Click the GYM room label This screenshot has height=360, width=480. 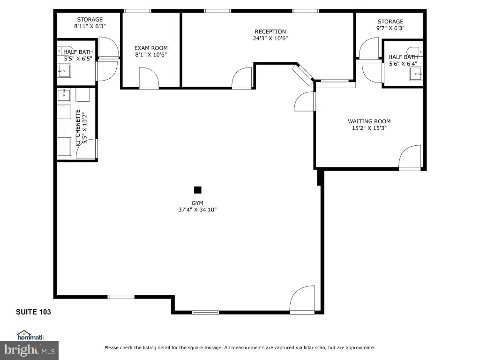[197, 203]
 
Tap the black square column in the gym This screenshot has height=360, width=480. [198, 190]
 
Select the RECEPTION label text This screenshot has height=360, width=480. [270, 31]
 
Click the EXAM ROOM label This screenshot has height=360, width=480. [151, 48]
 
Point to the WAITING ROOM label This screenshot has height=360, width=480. [369, 121]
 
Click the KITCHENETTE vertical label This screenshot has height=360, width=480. [78, 127]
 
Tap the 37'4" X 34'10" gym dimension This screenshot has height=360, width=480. [197, 210]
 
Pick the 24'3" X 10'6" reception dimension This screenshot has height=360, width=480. [270, 38]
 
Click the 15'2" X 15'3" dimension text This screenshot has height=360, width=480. [369, 128]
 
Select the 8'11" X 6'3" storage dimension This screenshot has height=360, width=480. [90, 26]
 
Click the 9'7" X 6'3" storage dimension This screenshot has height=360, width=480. [390, 28]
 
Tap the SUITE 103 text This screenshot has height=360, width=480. [33, 312]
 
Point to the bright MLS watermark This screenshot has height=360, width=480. [30, 350]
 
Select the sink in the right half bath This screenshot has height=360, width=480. [416, 74]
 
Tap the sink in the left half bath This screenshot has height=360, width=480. [64, 71]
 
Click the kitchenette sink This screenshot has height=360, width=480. [64, 95]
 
